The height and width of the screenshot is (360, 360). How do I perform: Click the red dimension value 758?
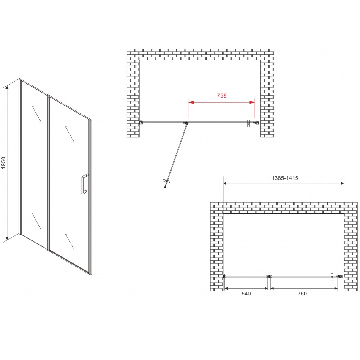(222, 95)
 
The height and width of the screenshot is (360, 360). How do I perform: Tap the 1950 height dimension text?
(3, 163)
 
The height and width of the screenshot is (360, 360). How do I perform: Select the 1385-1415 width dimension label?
(285, 178)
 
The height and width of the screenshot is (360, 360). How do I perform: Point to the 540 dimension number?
(246, 293)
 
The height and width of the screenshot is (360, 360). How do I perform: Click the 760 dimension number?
(302, 293)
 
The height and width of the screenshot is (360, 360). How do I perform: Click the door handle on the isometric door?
(84, 184)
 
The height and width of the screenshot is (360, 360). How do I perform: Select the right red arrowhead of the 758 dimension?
(252, 102)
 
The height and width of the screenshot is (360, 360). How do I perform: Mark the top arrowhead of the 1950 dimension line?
(7, 87)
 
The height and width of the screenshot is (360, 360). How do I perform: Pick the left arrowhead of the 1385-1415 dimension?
(225, 183)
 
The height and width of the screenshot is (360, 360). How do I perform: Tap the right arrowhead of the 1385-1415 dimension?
(342, 183)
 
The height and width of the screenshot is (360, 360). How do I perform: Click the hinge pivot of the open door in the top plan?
(186, 123)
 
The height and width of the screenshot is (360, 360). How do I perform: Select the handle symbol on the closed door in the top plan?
(248, 123)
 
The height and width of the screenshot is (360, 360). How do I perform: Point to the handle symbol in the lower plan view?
(332, 277)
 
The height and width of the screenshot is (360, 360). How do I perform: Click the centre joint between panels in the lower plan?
(269, 276)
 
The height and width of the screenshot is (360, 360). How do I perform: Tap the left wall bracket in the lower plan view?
(225, 276)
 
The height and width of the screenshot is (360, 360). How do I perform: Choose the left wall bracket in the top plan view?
(141, 123)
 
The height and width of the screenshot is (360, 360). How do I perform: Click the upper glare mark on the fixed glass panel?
(36, 114)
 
